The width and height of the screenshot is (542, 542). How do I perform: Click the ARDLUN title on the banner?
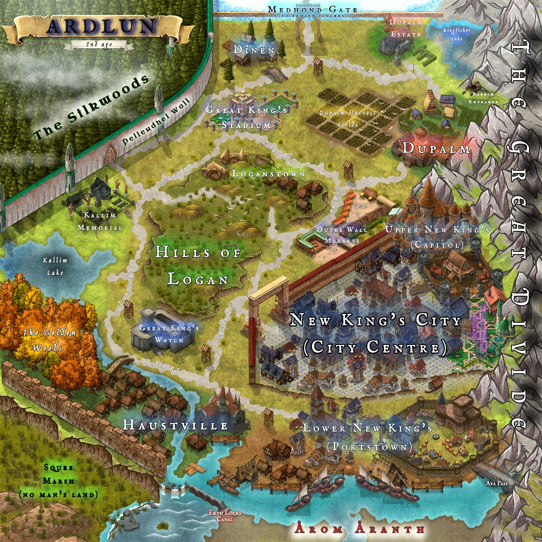[101, 27]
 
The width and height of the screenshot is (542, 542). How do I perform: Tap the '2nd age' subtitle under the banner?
[99, 44]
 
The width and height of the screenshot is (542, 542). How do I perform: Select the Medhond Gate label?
[313, 10]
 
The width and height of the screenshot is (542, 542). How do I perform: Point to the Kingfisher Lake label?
[457, 34]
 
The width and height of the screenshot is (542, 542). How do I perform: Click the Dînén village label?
[254, 50]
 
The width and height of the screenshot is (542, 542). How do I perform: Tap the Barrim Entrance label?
[483, 98]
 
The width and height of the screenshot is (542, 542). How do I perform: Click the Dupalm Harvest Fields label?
[347, 118]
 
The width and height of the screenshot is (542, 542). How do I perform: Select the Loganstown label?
[268, 174]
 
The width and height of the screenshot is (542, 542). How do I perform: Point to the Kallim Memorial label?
[100, 221]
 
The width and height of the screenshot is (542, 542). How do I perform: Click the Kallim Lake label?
[55, 266]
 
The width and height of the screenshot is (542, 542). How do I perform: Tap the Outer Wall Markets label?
[342, 235]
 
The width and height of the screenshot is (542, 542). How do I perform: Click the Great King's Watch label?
[169, 333]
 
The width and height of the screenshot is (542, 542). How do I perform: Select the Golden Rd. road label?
[161, 366]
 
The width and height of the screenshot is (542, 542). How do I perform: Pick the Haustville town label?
[175, 426]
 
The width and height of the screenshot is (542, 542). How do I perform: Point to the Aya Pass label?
[496, 483]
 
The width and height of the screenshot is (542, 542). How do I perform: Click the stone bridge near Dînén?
[274, 73]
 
